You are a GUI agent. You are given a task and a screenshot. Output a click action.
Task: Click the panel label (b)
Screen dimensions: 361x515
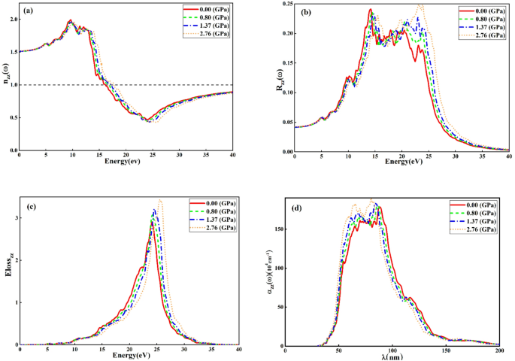click(x=307, y=13)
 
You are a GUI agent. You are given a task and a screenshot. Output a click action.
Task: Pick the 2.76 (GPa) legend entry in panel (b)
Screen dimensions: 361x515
click(x=486, y=35)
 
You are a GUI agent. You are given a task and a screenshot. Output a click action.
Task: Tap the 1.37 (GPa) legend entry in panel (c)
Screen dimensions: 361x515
click(x=215, y=220)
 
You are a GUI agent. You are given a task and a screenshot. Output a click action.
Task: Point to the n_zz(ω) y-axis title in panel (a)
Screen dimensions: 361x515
click(x=5, y=77)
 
